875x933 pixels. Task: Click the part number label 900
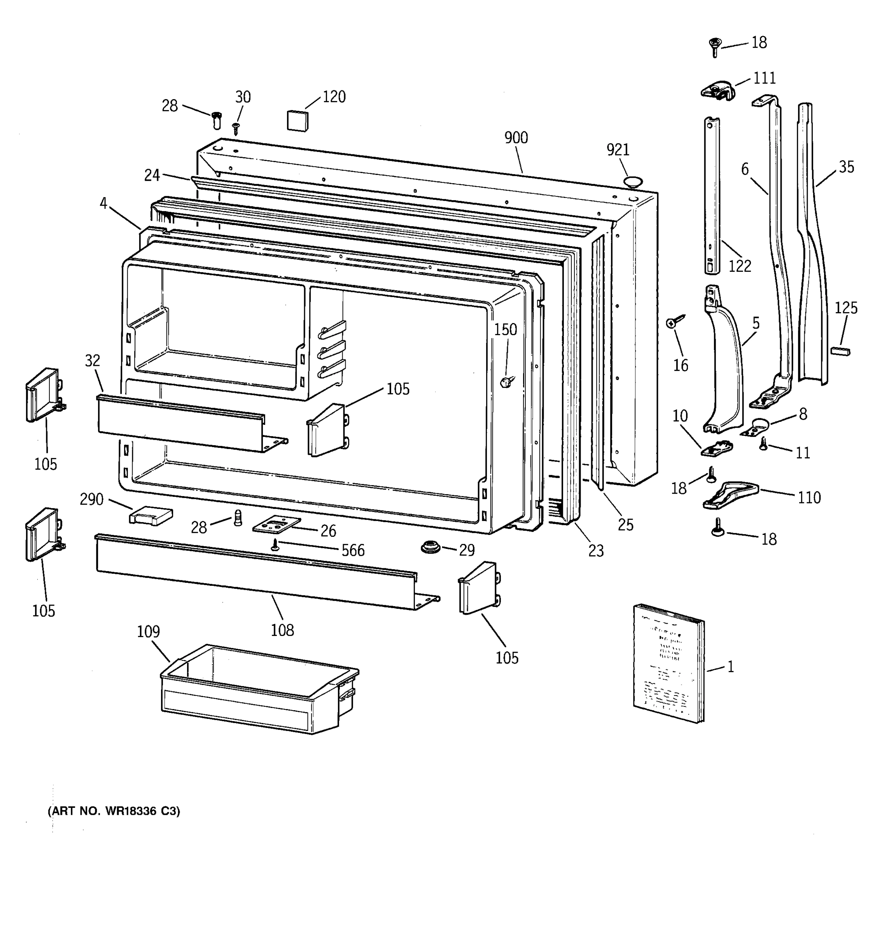[x=516, y=138]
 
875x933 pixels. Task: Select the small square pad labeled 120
[x=298, y=120]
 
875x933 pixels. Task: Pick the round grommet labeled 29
[x=430, y=547]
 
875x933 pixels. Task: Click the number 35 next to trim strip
[x=846, y=167]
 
